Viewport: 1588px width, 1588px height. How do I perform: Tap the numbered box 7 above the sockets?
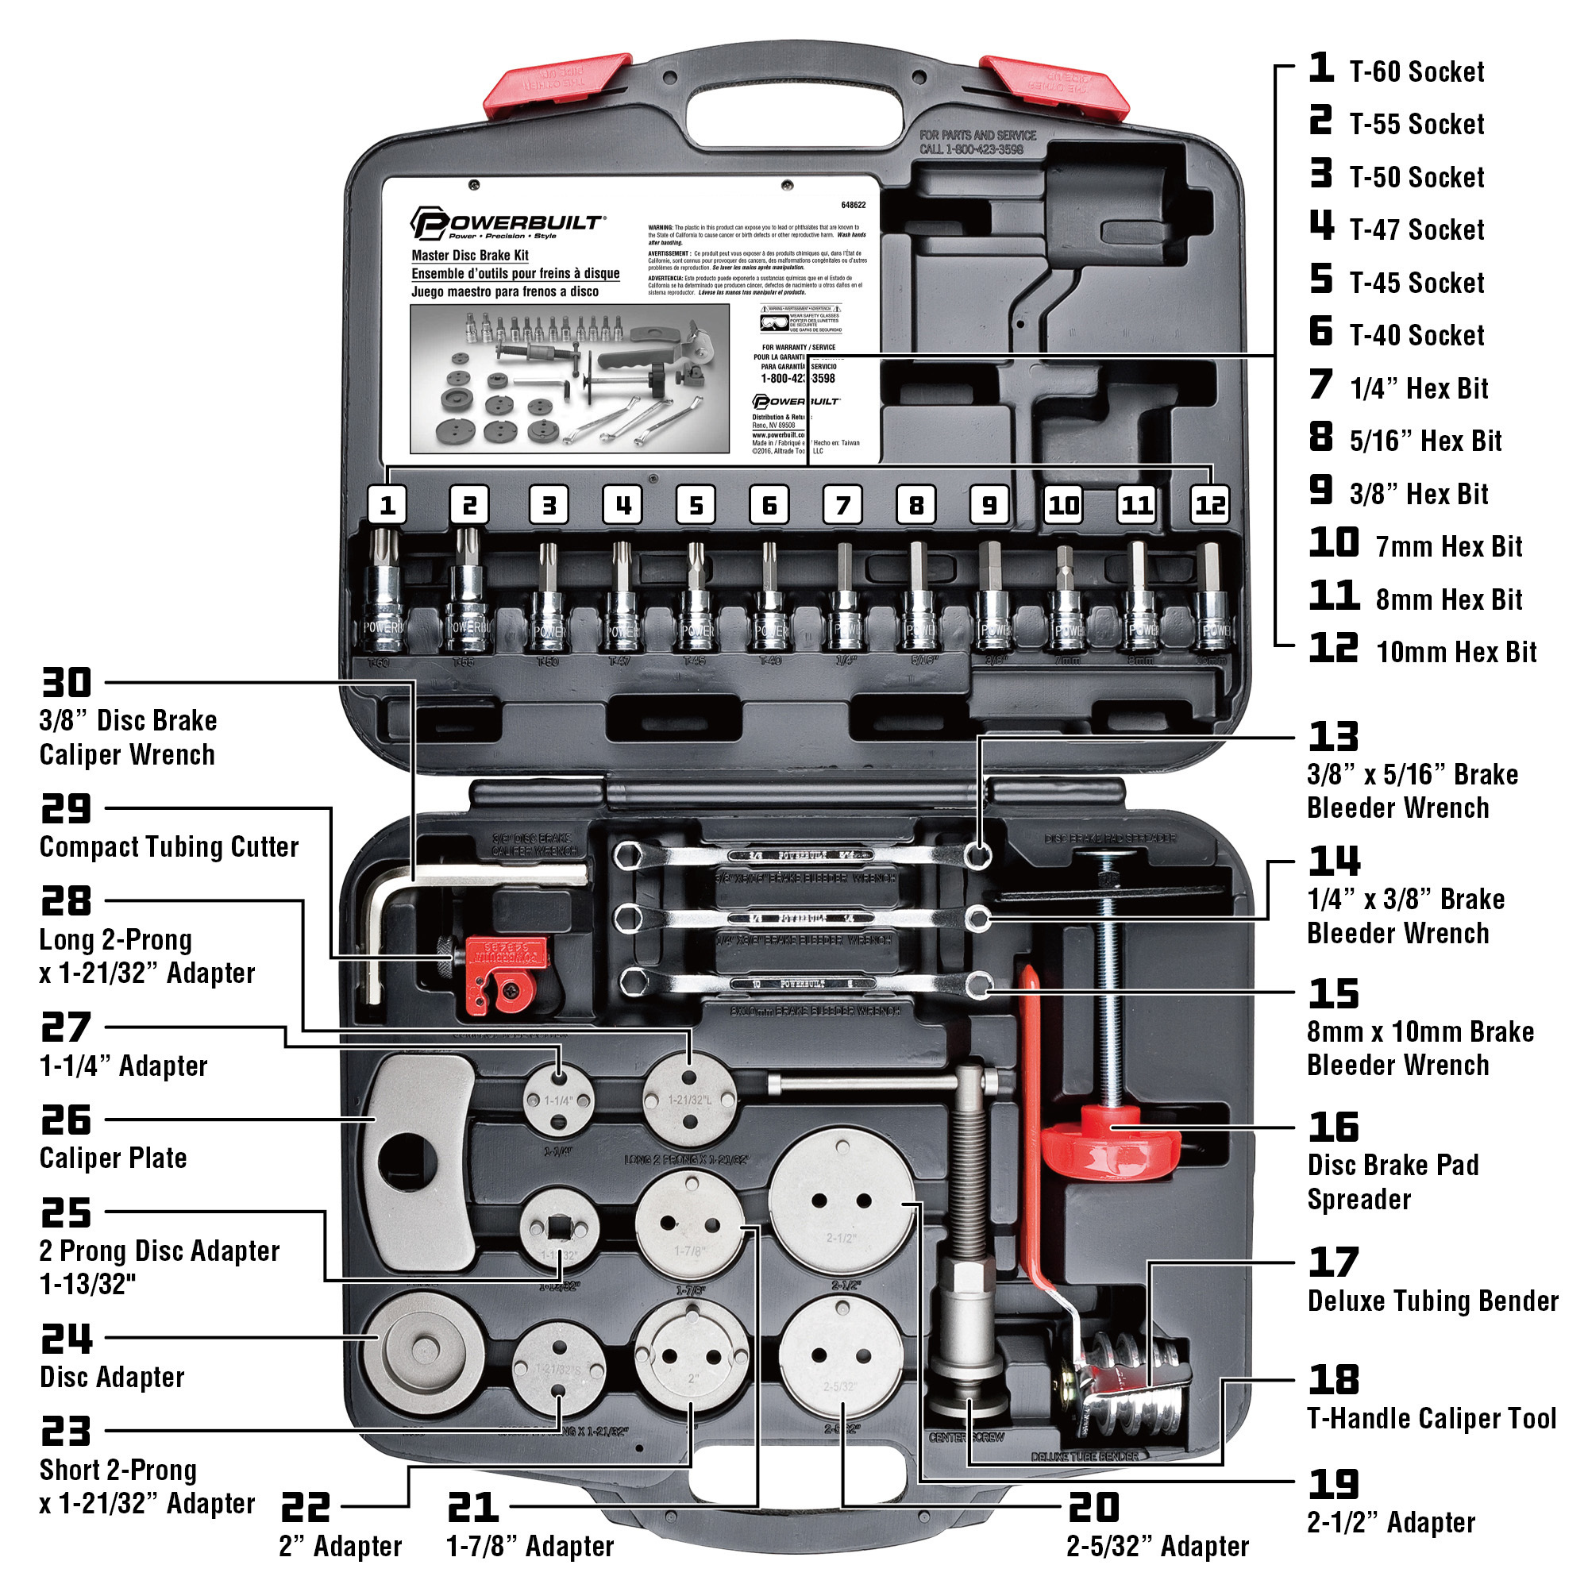tap(842, 505)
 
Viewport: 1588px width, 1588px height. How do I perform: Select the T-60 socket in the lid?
tap(383, 596)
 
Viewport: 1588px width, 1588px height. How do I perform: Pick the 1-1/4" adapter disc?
tap(559, 1099)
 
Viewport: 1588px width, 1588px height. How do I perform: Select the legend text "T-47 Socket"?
tap(1416, 230)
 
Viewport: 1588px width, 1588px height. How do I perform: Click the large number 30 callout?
tap(67, 682)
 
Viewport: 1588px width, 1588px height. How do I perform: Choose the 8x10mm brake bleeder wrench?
tap(802, 984)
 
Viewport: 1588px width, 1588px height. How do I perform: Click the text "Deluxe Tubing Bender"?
tap(1432, 1301)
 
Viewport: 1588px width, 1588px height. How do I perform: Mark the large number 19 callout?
tap(1332, 1485)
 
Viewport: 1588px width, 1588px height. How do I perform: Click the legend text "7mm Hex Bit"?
tap(1448, 546)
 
